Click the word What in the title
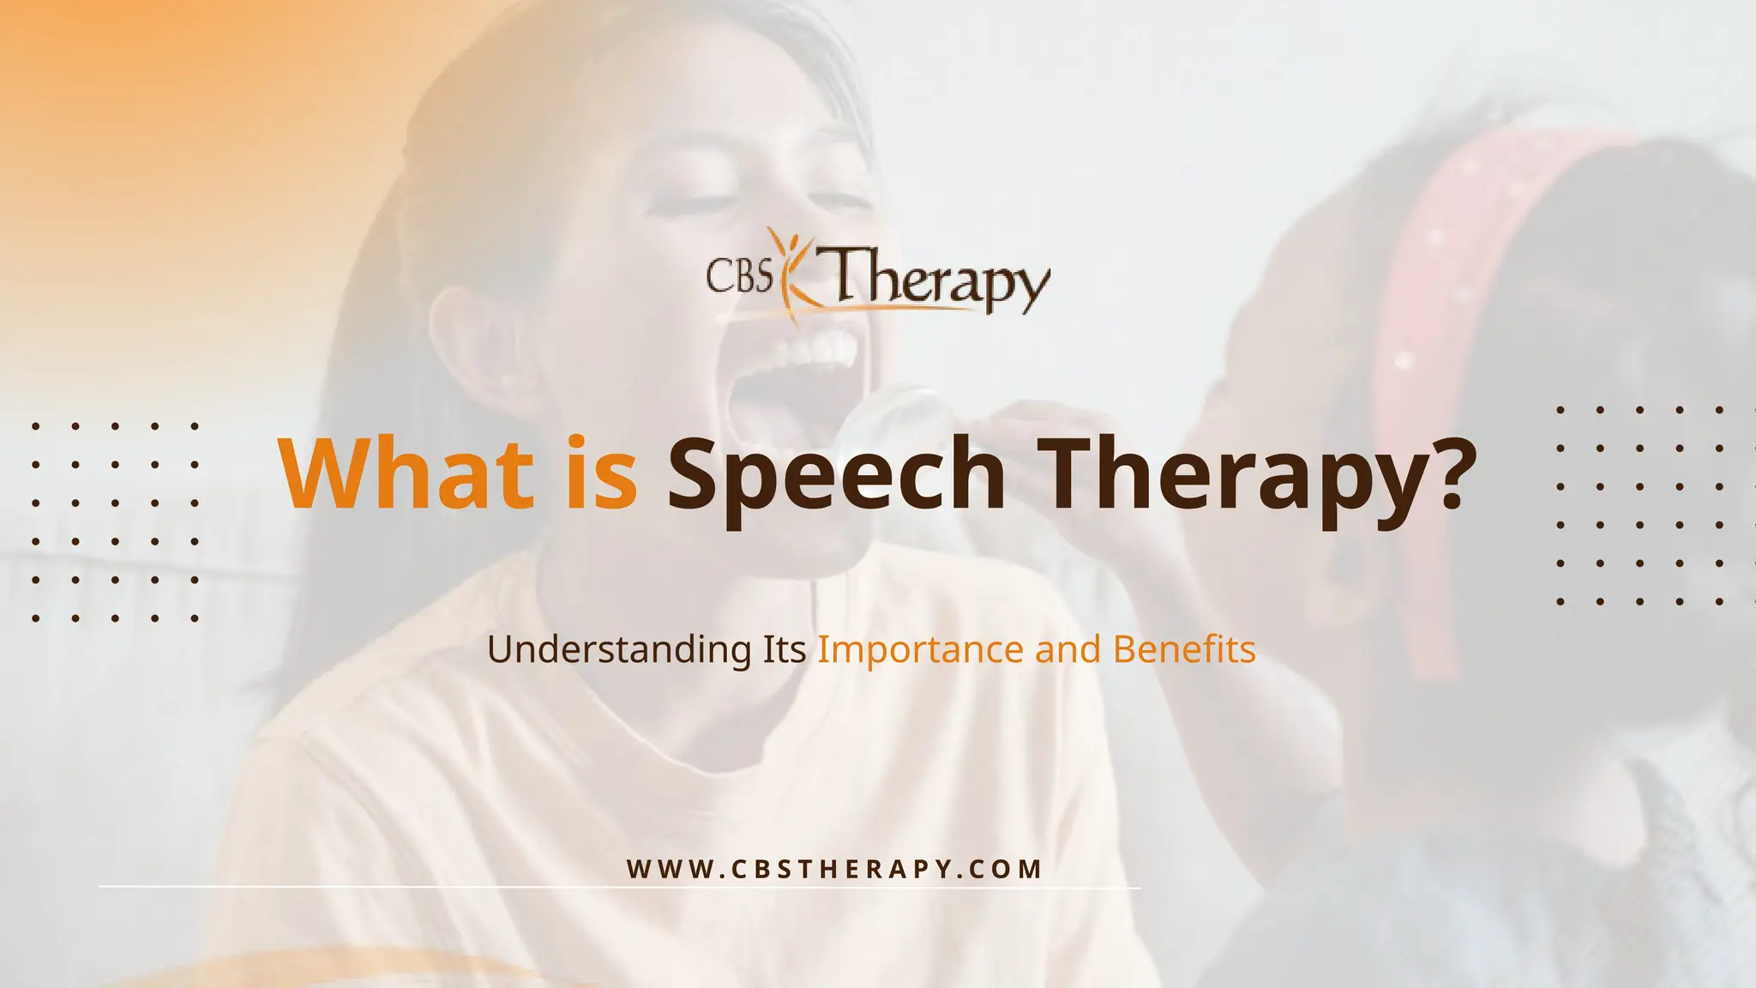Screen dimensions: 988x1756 [402, 473]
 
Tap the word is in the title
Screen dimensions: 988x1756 [600, 473]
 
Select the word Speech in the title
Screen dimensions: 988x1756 [836, 477]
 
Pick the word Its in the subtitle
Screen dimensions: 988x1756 [784, 649]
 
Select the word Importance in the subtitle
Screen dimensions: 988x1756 [920, 650]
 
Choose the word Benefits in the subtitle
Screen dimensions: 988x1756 [1184, 649]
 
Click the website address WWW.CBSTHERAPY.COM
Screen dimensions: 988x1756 [834, 869]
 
